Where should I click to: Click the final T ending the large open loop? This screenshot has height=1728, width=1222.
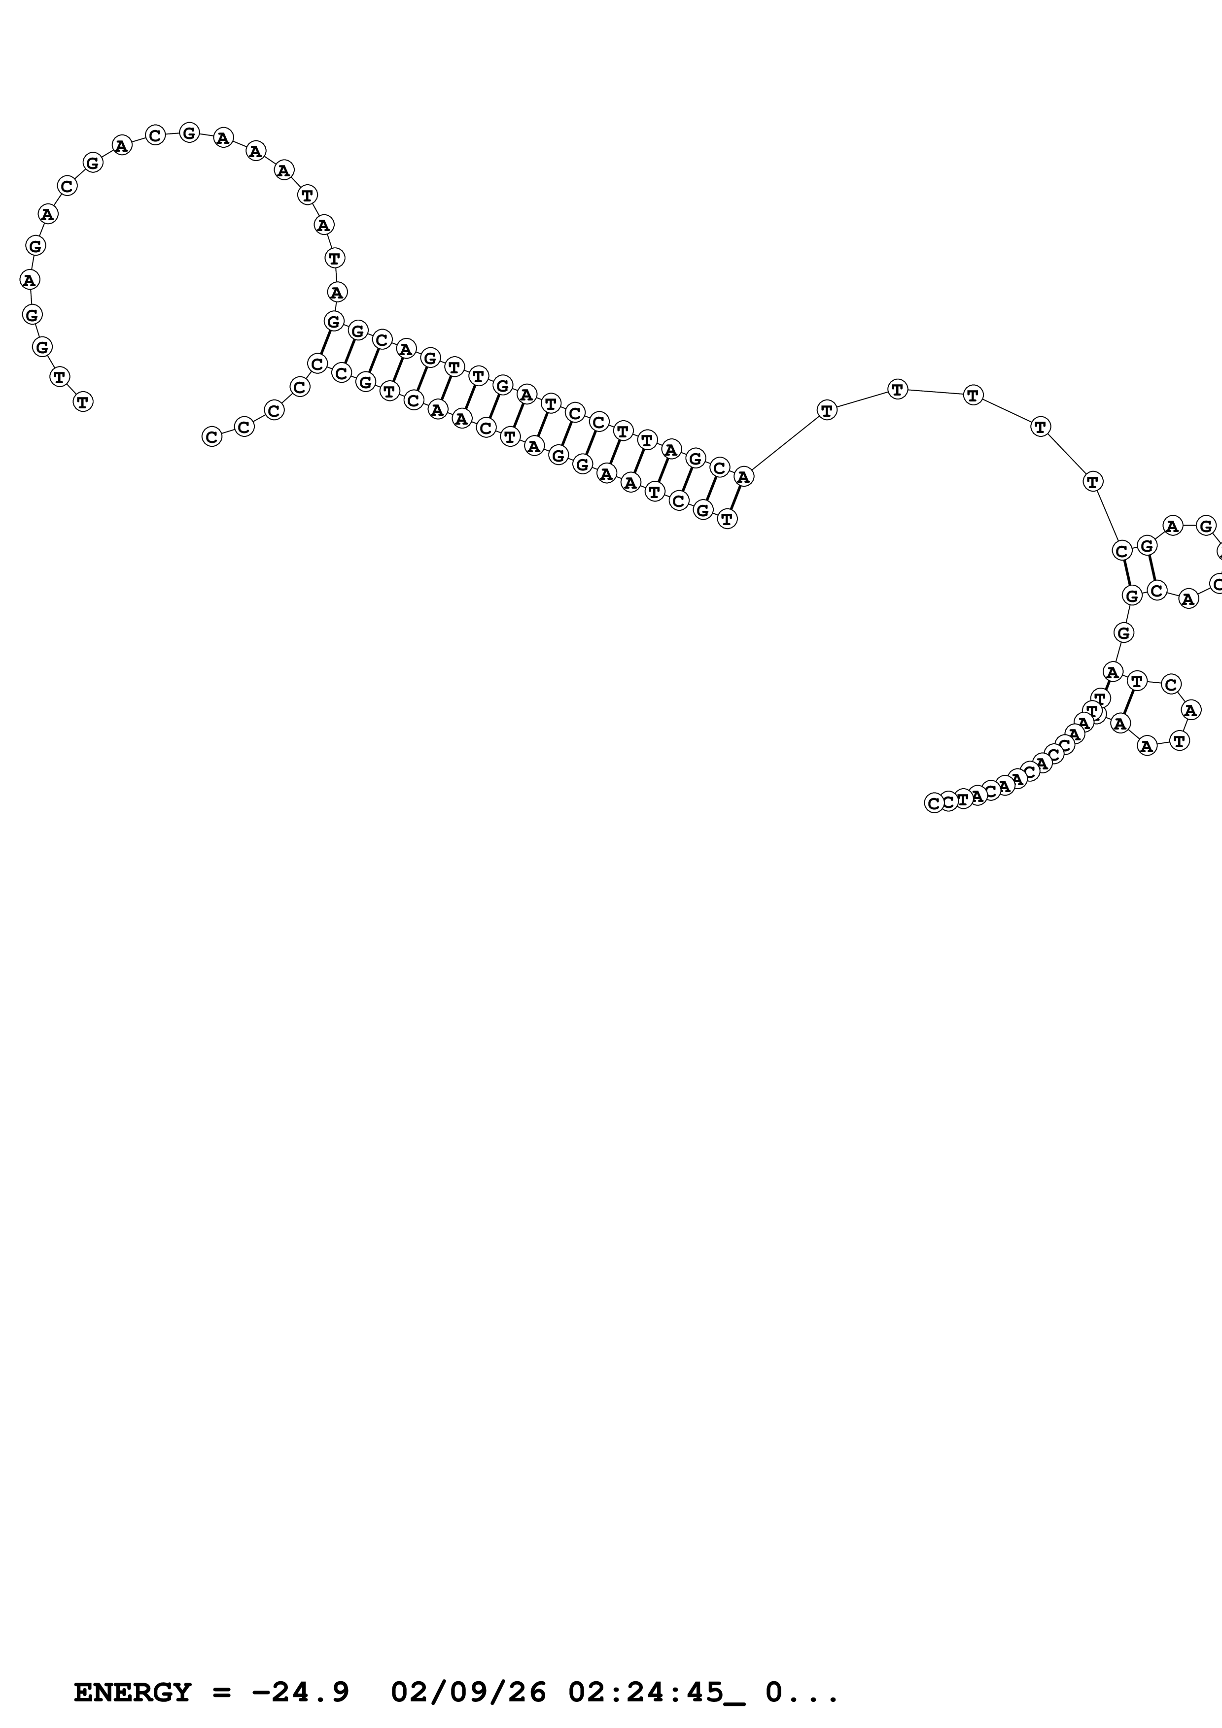tap(83, 402)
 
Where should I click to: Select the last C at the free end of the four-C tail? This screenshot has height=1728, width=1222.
tap(212, 436)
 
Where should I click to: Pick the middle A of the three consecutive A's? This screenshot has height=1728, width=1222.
tap(256, 151)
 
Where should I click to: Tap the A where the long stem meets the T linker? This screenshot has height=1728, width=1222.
tap(743, 476)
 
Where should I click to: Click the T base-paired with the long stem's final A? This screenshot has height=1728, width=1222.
tap(727, 519)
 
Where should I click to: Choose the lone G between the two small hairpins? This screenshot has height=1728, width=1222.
tap(1123, 633)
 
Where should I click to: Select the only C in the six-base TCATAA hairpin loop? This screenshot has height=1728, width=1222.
tap(1170, 684)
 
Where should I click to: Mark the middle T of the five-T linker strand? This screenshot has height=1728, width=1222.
tap(973, 395)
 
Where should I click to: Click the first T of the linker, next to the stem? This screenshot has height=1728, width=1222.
tap(827, 410)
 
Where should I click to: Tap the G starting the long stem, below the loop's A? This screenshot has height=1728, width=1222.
tap(334, 321)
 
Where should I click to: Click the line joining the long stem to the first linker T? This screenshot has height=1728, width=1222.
tap(785, 443)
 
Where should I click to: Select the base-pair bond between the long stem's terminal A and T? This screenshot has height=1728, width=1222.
tap(735, 498)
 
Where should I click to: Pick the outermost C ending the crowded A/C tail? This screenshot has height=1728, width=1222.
tap(934, 804)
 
